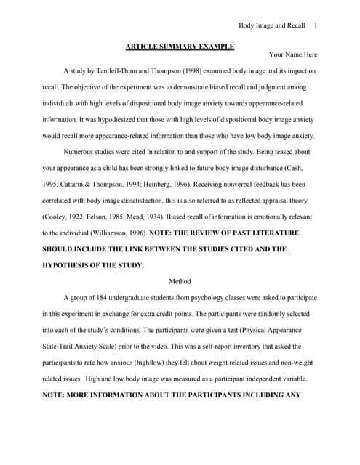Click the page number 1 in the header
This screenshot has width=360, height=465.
pyautogui.click(x=316, y=25)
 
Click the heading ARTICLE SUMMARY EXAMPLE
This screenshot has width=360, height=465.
pyautogui.click(x=180, y=46)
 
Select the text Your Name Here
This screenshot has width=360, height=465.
pyautogui.click(x=293, y=54)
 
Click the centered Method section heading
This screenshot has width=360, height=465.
pyautogui.click(x=180, y=281)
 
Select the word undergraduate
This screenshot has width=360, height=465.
pyautogui.click(x=135, y=297)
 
